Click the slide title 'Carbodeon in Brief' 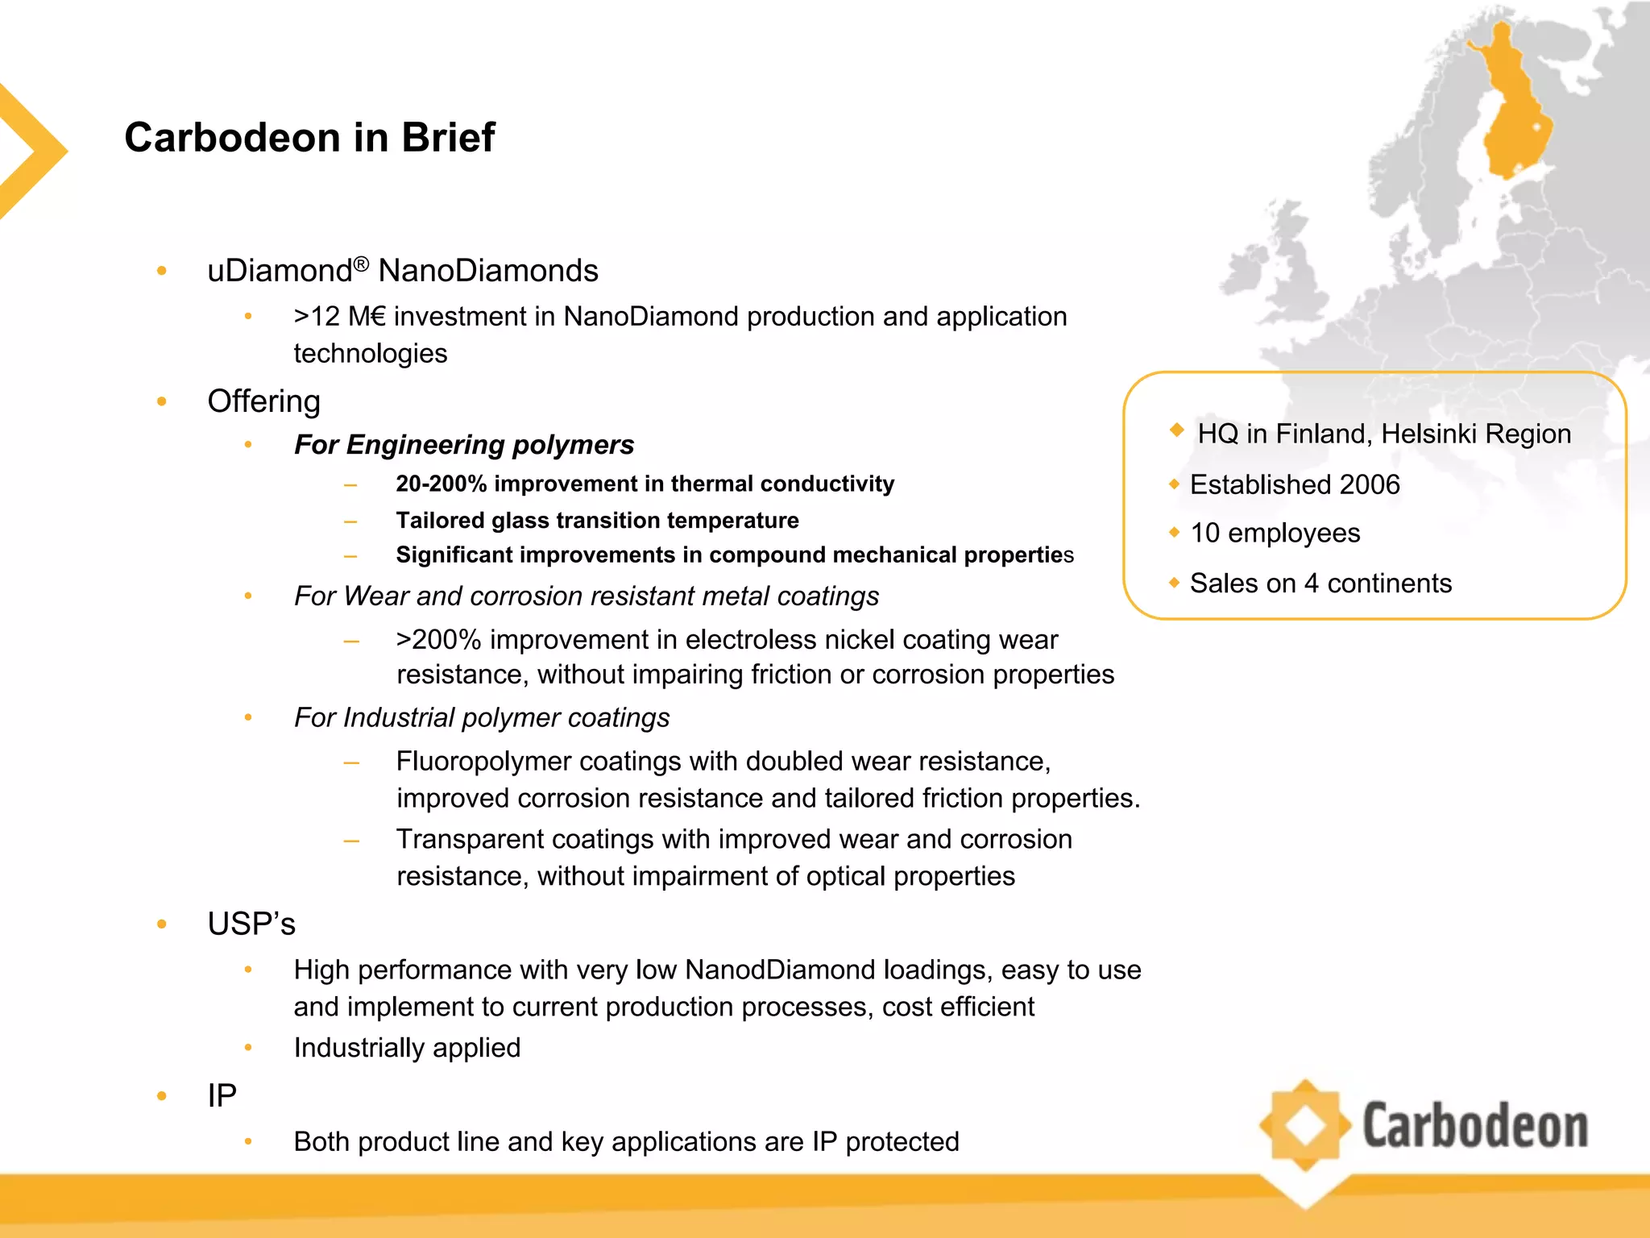click(309, 137)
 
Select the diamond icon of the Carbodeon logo click(1305, 1125)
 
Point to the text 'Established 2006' click(1295, 484)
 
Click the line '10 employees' click(1275, 533)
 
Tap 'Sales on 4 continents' click(1320, 583)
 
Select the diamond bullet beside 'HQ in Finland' click(1176, 430)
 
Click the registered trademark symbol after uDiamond click(361, 263)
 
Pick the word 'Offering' click(263, 401)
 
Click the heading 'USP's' click(251, 924)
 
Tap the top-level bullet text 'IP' click(222, 1095)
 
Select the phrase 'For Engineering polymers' click(464, 444)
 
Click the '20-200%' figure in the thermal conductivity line click(441, 484)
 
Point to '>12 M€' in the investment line click(339, 317)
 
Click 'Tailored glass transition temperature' click(597, 520)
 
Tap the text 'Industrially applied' click(407, 1047)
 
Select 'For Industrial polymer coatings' click(482, 717)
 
